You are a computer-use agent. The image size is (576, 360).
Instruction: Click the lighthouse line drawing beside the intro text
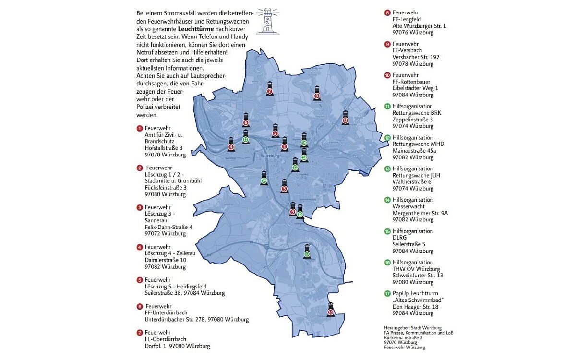point(267,20)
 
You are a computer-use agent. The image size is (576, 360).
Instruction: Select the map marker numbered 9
point(316,94)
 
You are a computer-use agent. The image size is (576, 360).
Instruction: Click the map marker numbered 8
point(345,119)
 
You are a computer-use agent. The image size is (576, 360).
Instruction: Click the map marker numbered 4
point(231,145)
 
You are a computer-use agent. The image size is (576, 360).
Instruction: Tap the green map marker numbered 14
point(264,179)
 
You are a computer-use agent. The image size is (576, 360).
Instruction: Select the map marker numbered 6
point(246,120)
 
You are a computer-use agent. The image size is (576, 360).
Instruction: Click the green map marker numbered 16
point(304,141)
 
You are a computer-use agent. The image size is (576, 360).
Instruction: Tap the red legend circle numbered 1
point(140,128)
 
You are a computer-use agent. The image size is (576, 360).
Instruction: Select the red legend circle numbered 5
point(140,279)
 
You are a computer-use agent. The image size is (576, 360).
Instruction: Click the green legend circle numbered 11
point(387,106)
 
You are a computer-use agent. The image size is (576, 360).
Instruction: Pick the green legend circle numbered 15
point(387,231)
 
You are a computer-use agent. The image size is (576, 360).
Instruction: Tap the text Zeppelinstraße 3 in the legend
point(412,120)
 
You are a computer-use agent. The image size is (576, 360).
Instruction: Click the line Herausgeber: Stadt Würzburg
point(406,327)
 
